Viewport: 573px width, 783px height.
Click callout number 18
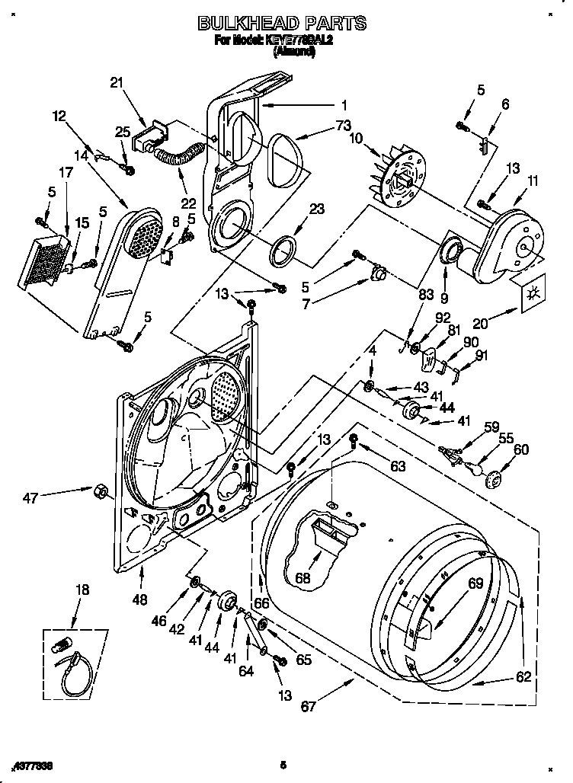82,590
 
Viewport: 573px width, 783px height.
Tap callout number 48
139,599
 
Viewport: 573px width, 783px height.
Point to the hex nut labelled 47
99,489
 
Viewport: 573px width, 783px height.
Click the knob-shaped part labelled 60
493,479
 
